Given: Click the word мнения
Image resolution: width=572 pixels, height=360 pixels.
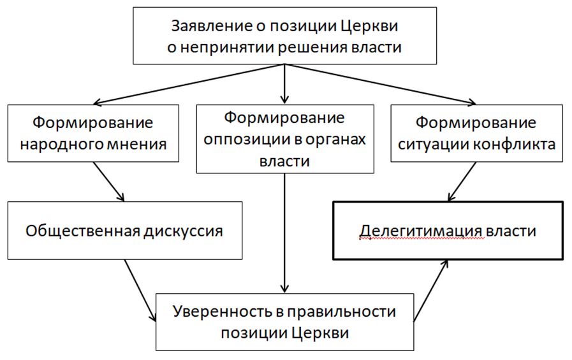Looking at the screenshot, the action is tap(136, 144).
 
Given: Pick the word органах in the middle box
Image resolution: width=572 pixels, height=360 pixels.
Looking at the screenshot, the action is tap(335, 140).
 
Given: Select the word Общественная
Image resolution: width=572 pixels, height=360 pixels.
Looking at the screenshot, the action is tap(82, 231).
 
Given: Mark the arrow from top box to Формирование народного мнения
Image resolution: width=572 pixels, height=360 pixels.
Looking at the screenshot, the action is tap(189, 84).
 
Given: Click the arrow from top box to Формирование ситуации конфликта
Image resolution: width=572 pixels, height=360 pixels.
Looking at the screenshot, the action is tap(381, 84).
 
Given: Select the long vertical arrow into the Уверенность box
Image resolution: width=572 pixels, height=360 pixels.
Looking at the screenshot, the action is tap(284, 233).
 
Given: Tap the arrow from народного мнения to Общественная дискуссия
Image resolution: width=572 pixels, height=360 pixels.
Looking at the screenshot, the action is tap(108, 182).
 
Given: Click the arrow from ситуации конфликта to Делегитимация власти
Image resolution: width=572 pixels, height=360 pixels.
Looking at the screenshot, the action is tap(462, 182).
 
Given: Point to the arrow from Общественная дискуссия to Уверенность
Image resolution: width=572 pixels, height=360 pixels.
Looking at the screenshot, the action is tap(140, 291).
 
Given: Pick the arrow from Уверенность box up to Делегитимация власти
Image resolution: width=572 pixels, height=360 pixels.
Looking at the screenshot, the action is tap(431, 291).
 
